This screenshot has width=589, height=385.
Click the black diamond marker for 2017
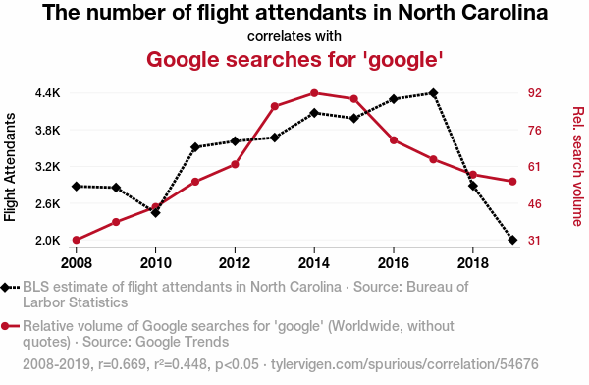click(433, 93)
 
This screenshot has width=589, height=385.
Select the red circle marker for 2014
click(314, 93)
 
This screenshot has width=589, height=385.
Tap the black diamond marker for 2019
click(512, 240)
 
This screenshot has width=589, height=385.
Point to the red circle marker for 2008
click(77, 240)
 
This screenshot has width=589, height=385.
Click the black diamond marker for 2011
click(195, 147)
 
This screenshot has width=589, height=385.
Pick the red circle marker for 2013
click(275, 106)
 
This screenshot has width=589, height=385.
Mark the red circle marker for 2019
click(512, 182)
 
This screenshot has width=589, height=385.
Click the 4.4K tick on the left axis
click(48, 93)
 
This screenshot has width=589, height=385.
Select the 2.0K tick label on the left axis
click(48, 240)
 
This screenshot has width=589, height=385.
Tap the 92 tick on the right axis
click(535, 93)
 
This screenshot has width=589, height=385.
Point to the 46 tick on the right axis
click(535, 203)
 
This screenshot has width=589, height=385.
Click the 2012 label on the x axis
click(235, 263)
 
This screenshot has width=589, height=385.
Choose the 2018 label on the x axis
click(472, 263)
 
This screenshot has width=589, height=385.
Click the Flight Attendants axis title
click(10, 167)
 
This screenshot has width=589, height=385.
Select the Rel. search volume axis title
click(578, 167)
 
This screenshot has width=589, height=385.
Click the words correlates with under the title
click(294, 36)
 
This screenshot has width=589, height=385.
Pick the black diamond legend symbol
click(5, 288)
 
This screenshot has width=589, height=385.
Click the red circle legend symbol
click(5, 326)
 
